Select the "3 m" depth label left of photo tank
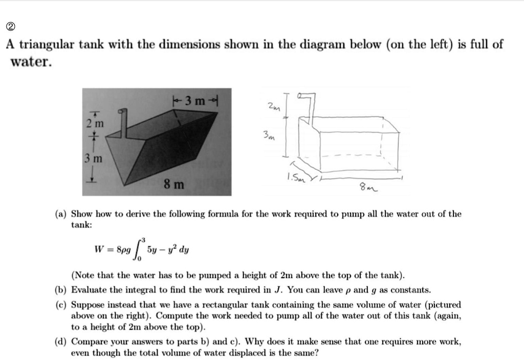click(95, 160)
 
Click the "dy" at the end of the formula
click(183, 251)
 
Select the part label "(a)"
click(60, 214)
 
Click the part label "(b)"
click(60, 290)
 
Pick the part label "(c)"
click(60, 304)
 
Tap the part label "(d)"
click(60, 341)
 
